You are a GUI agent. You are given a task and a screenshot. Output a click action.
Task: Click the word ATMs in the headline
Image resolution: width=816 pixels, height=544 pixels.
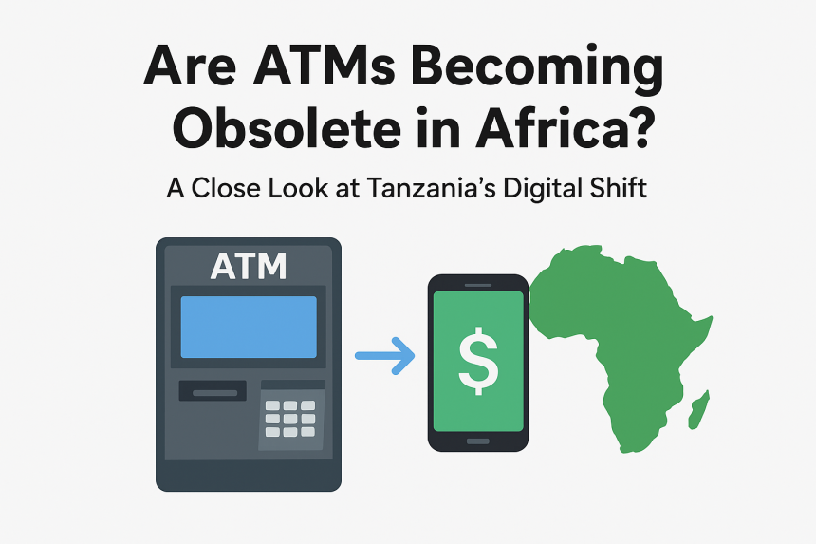(324, 66)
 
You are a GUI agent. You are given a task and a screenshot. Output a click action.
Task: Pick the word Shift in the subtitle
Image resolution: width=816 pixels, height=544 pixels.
(618, 188)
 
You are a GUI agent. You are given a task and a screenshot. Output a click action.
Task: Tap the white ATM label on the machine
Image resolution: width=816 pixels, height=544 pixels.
(249, 266)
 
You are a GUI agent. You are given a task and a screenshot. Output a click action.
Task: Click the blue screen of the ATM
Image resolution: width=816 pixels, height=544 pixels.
(249, 327)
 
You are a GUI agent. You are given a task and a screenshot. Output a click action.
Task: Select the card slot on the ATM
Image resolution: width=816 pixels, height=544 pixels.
(213, 391)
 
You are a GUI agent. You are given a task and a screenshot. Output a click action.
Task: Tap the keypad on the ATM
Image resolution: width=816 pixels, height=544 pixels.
(290, 418)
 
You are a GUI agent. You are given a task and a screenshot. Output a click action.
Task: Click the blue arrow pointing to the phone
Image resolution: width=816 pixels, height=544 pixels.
(385, 356)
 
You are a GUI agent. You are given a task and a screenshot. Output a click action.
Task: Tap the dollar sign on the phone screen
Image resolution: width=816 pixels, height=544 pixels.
(478, 362)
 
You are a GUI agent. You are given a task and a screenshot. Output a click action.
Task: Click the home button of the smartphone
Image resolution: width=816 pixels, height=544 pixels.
(477, 441)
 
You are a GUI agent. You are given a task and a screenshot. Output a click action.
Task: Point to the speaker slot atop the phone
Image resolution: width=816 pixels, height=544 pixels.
(477, 285)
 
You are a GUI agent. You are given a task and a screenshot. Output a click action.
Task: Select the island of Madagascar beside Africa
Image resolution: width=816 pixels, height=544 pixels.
(699, 410)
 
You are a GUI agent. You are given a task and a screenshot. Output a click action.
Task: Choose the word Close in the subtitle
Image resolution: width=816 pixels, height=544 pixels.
(226, 188)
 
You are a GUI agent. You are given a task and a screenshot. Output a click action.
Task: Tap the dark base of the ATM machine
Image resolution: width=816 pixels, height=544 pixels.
(249, 476)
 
